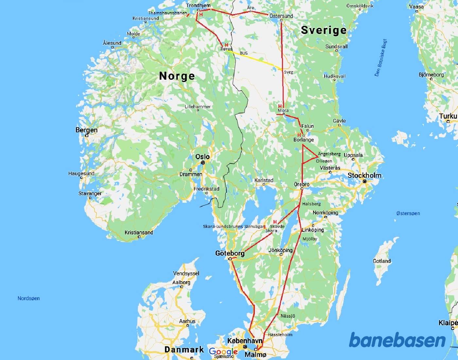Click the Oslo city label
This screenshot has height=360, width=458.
(202, 157)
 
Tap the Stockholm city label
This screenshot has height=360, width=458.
(364, 175)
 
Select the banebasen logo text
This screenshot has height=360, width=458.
(397, 340)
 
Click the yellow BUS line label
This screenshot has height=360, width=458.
(244, 53)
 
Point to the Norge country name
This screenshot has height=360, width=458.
(177, 76)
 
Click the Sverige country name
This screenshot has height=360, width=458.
(324, 30)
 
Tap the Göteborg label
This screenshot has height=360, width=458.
(230, 253)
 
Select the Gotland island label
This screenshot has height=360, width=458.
(382, 261)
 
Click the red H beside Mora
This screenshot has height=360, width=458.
(280, 106)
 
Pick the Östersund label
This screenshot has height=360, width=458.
(281, 16)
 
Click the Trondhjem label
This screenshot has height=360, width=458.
(198, 5)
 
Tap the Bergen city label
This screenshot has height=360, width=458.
(86, 130)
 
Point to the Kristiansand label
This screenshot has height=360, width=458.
(139, 232)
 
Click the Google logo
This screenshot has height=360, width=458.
(223, 352)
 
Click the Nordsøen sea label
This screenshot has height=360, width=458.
(28, 298)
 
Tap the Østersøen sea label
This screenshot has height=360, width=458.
(408, 213)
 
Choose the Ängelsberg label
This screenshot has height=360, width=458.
(329, 154)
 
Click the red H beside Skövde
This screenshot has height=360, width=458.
(275, 222)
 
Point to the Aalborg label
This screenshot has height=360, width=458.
(181, 282)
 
